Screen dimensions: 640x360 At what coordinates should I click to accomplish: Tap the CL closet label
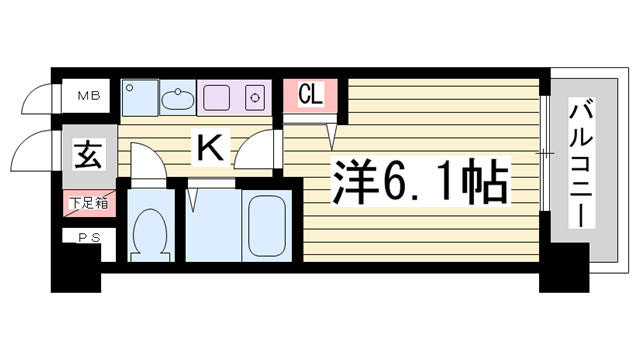coord(311,94)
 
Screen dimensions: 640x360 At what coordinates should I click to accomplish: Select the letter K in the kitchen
coord(211,148)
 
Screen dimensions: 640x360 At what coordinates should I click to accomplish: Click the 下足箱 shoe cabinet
coord(89,203)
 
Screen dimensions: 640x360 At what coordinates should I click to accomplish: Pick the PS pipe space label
coord(89,238)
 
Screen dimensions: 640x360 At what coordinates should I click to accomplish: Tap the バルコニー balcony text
coord(581,163)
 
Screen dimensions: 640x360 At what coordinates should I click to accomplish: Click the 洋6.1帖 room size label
coord(420,181)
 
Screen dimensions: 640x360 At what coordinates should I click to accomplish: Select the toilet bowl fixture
coord(151,235)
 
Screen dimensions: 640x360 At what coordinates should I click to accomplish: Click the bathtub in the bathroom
coord(267,226)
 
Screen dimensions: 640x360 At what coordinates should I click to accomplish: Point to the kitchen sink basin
coord(178,98)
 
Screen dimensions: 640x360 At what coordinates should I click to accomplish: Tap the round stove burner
coord(255,98)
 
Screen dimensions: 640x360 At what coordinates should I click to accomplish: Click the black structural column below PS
coord(76,268)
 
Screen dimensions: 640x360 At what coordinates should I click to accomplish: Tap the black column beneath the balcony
coord(564,268)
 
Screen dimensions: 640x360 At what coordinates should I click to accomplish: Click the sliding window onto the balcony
coord(544,154)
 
